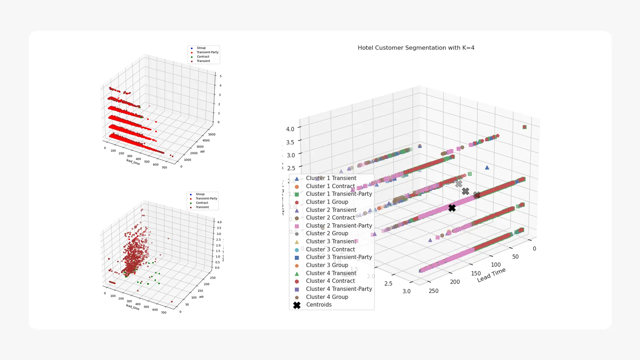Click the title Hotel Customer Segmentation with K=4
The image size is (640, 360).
point(416,48)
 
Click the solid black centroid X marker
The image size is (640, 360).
point(452,208)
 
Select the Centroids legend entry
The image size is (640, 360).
point(318,305)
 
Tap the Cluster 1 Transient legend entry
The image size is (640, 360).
point(331,178)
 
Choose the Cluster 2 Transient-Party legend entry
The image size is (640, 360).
point(338,226)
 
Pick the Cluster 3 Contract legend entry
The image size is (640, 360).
point(330,249)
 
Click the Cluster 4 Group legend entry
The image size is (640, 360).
point(327,297)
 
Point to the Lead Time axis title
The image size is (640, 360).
point(491,275)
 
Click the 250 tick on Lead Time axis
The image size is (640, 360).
point(433,291)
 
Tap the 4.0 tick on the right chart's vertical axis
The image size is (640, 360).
point(290,129)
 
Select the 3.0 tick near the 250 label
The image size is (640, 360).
point(406,291)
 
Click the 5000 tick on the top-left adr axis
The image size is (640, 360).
point(212,135)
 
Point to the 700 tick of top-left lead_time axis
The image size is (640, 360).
point(164,168)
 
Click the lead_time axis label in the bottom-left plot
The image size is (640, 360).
point(133,307)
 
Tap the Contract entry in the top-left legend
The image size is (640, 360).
point(203,57)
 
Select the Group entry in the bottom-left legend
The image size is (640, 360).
point(200,194)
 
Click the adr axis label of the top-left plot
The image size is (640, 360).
point(202,152)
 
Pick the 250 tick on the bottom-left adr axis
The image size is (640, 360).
point(213,278)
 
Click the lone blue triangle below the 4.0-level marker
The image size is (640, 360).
point(487,168)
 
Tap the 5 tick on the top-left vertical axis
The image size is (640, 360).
point(220,76)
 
